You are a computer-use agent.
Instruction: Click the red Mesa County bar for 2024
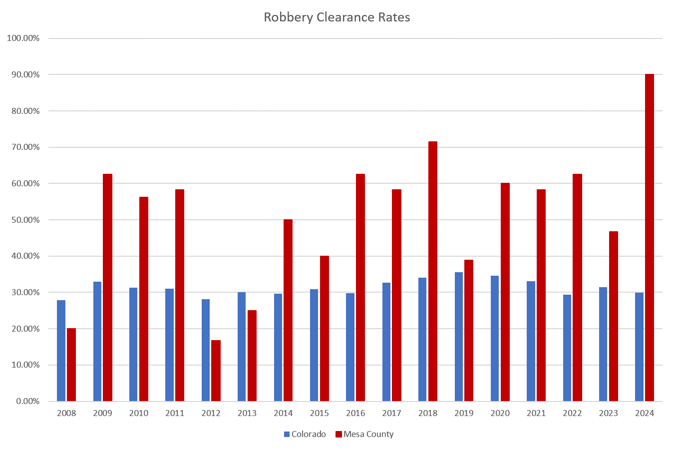[x=649, y=237]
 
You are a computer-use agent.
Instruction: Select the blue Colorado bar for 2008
[x=61, y=351]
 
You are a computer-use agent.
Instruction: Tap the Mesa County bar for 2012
[x=216, y=371]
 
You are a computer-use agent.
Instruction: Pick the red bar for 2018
[x=432, y=271]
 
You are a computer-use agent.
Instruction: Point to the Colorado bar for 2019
[x=459, y=337]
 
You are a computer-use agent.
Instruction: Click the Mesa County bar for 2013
[x=252, y=356]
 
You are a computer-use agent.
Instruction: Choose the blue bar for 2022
[x=567, y=348]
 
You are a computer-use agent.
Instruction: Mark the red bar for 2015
[x=325, y=328]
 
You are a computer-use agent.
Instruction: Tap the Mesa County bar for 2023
[x=613, y=316]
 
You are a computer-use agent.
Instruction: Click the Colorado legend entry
[x=305, y=434]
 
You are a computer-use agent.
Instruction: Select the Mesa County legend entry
[x=364, y=434]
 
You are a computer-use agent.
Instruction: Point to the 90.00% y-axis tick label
[x=23, y=75]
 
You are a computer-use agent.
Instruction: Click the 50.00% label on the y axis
[x=23, y=220]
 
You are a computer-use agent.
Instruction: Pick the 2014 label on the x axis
[x=283, y=413]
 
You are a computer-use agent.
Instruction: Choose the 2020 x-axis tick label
[x=500, y=413]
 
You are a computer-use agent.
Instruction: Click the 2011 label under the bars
[x=175, y=413]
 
